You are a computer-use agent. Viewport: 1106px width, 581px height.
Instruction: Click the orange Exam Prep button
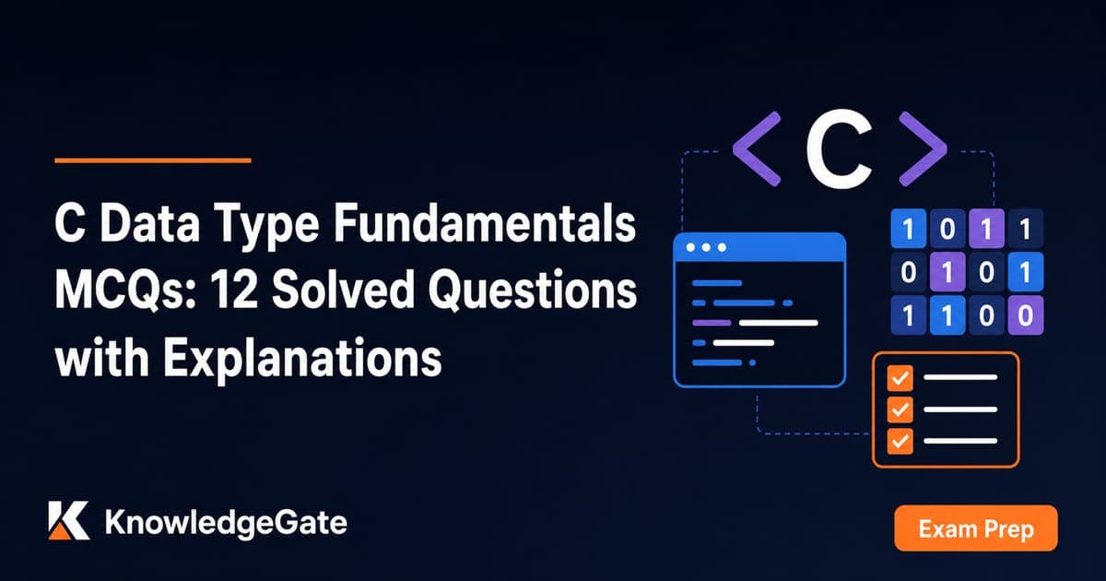(x=976, y=528)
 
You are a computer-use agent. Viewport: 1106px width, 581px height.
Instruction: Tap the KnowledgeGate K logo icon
(x=68, y=520)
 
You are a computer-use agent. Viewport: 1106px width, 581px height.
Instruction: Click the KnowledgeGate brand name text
(x=226, y=524)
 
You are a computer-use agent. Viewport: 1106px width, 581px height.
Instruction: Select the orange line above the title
(x=153, y=160)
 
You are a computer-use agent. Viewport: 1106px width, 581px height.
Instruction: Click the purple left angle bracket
(x=757, y=148)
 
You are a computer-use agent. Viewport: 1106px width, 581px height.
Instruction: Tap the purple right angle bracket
(x=923, y=148)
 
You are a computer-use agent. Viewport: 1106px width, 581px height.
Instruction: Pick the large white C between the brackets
(x=839, y=148)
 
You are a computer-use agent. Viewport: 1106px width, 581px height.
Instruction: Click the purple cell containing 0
(x=1026, y=315)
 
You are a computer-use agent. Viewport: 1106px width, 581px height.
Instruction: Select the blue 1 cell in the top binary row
(x=908, y=229)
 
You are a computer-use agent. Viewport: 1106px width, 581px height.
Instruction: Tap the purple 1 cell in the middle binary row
(x=947, y=272)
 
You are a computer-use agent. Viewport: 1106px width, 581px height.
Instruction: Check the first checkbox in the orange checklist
(x=900, y=378)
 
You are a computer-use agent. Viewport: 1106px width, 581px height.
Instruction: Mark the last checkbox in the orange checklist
(x=900, y=441)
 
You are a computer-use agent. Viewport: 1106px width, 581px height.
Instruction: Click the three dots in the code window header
(x=706, y=247)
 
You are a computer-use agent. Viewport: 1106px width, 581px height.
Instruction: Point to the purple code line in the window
(x=712, y=323)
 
